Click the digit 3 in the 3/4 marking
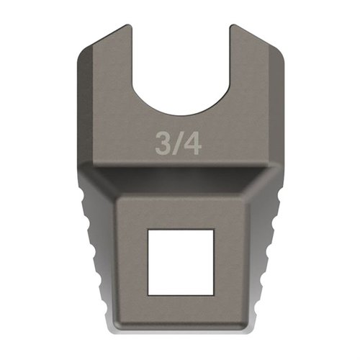[x=163, y=143]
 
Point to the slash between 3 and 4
[x=178, y=143]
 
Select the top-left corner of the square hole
[x=148, y=231]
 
